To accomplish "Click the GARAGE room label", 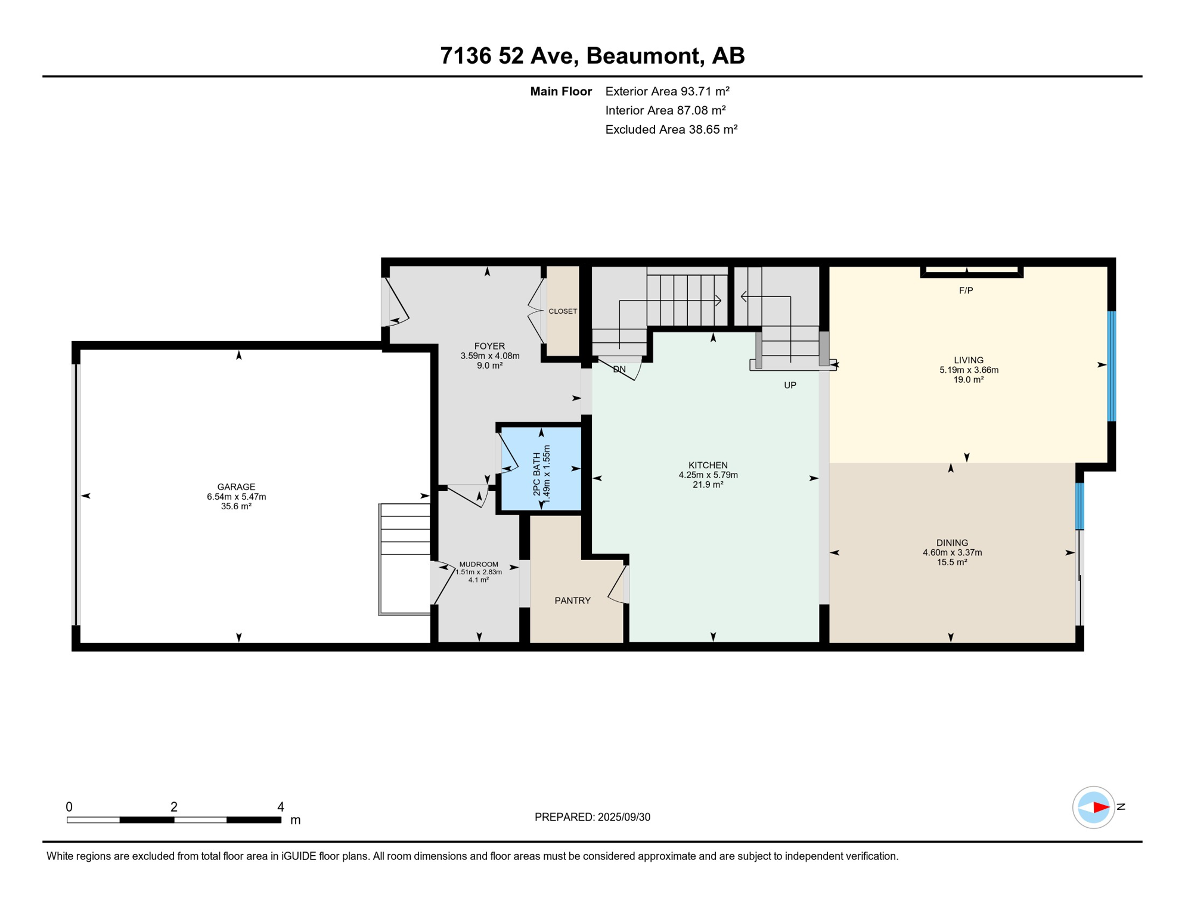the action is coord(236,487).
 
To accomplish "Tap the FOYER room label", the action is coord(489,346).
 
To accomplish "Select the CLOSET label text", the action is coord(563,311).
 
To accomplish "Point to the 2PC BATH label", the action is coord(536,474).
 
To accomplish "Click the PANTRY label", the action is coord(572,601).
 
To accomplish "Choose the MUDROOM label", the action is coord(479,564).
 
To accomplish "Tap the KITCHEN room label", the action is coord(708,465).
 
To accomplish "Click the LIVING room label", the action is coord(969,360).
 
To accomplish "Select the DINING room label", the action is coord(952,543).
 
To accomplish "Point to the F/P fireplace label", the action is coord(966,290).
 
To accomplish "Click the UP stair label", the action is coord(790,385).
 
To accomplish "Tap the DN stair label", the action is coord(619,369).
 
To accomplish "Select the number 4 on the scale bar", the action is coord(281,807).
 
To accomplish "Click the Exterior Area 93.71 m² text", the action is coord(667,91).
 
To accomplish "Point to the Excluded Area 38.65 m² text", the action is coord(671,129).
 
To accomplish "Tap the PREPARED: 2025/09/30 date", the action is coord(592,817).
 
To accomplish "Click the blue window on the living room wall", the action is coord(1112,366).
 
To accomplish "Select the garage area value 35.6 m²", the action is coord(236,506).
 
